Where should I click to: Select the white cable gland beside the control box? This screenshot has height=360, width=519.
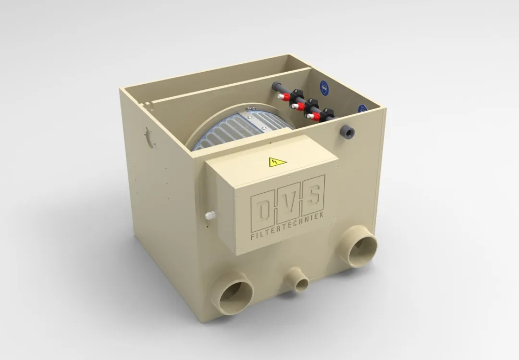209,215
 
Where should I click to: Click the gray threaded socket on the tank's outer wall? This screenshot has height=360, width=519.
347,133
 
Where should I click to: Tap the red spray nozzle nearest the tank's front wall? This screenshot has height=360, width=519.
315,117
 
